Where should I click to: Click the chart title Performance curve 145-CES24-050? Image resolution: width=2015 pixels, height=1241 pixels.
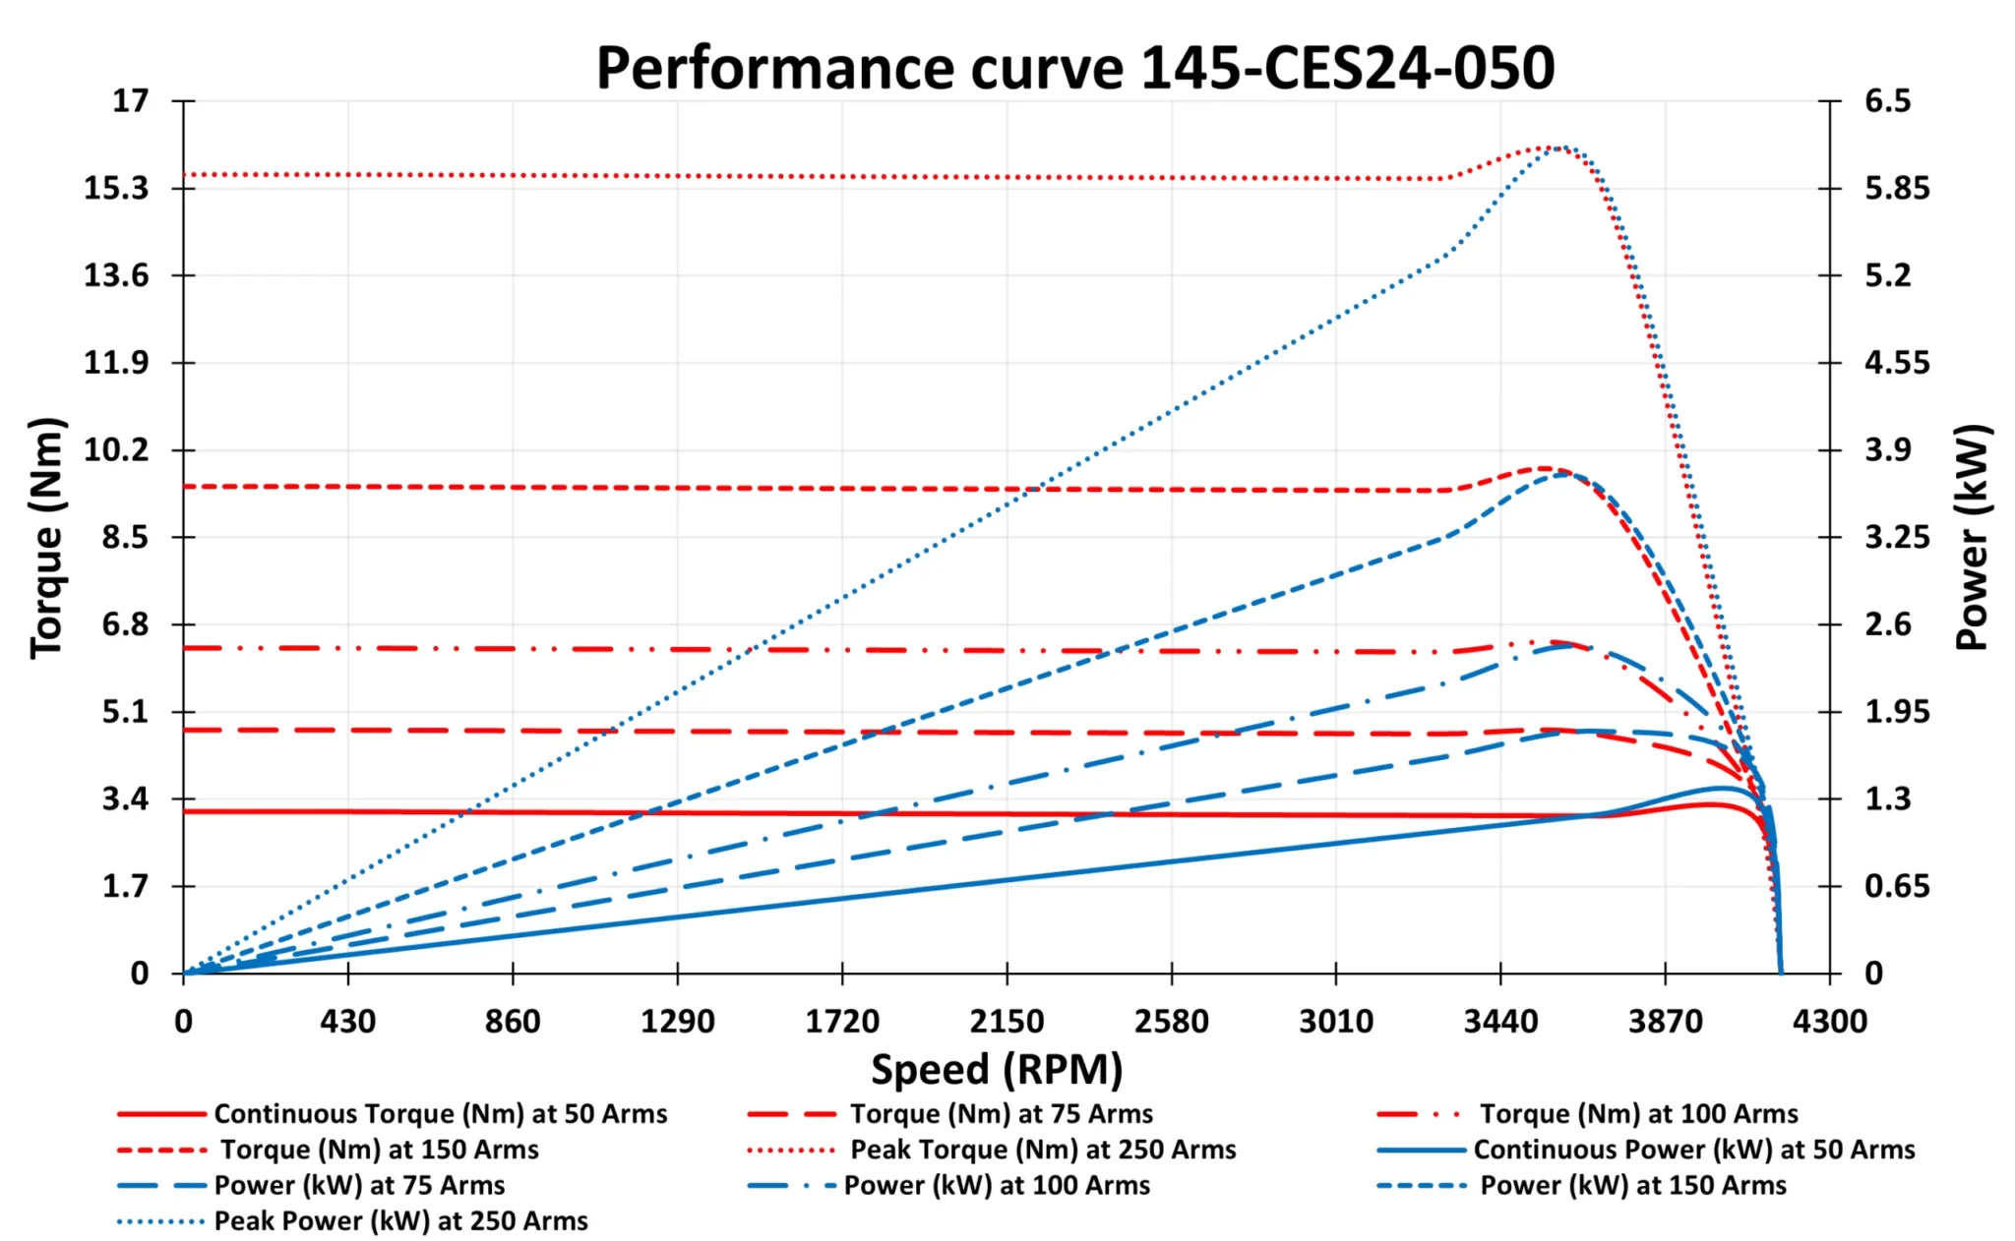[1074, 68]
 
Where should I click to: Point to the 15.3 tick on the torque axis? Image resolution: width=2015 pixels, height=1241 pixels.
[116, 188]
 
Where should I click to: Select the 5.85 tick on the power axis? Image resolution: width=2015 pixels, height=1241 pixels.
[1896, 188]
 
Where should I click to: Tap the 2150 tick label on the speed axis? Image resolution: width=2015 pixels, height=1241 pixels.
[1007, 1022]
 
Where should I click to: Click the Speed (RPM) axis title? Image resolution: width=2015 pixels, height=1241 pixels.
[997, 1069]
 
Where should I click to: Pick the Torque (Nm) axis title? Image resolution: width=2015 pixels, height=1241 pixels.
[46, 537]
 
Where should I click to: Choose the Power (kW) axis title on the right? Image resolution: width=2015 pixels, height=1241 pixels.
[1971, 537]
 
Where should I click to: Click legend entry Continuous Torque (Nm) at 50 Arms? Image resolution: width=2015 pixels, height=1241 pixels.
[440, 1114]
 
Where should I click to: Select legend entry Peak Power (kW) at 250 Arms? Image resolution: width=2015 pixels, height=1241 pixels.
[400, 1221]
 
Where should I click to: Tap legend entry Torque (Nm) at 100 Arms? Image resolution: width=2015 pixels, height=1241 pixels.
[1638, 1114]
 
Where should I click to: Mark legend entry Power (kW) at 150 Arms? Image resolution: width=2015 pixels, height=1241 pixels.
[1632, 1186]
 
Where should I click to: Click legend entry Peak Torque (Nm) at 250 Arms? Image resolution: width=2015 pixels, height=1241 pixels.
[1043, 1150]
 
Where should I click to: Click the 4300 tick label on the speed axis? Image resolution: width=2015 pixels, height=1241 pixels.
[1829, 1022]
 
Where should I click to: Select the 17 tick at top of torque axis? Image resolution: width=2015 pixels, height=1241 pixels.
[131, 100]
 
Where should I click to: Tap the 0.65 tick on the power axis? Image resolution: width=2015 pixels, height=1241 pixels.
[1896, 886]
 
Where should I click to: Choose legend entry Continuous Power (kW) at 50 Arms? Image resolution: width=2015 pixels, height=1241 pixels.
[1693, 1150]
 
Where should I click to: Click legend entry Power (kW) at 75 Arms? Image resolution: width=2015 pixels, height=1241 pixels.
[359, 1186]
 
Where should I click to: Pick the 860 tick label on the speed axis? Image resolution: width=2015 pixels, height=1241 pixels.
[513, 1022]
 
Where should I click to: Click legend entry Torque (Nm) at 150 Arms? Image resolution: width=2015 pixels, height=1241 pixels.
[379, 1150]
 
